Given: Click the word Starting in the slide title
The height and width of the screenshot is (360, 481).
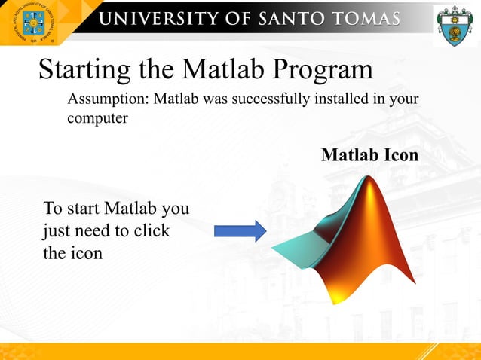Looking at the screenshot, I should point(84,70).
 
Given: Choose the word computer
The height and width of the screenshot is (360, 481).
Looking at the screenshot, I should point(97,119).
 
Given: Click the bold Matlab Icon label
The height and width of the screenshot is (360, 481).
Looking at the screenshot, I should point(369,155).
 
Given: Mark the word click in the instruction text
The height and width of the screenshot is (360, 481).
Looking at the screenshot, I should point(152,230).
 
